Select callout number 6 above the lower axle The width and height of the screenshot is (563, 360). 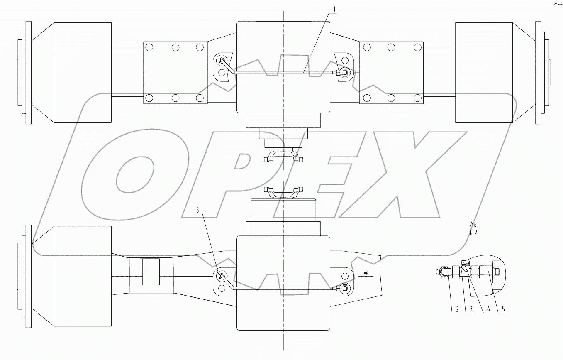tap(197, 211)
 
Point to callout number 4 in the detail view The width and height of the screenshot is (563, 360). tap(489, 310)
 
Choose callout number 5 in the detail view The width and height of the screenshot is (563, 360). tap(503, 310)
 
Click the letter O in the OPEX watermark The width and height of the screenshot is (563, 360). tap(133, 174)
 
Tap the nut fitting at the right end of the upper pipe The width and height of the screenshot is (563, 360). tap(343, 73)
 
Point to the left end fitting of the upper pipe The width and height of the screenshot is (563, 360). tap(223, 61)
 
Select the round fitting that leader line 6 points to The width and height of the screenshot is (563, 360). tap(221, 276)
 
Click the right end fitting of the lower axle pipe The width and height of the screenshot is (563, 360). tap(343, 287)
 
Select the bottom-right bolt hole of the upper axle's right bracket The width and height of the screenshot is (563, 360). tap(416, 98)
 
